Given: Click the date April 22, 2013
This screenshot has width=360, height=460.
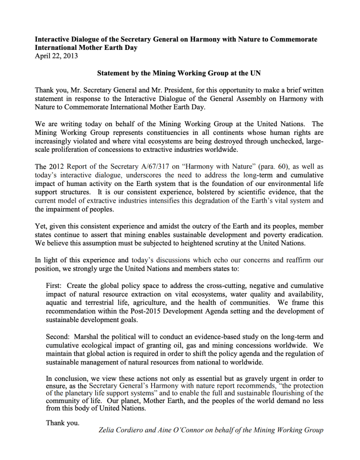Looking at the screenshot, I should tap(56, 56).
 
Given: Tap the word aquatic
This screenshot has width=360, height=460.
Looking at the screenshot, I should tap(57, 302).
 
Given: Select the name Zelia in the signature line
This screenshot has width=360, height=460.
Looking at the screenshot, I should tap(107, 430).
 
